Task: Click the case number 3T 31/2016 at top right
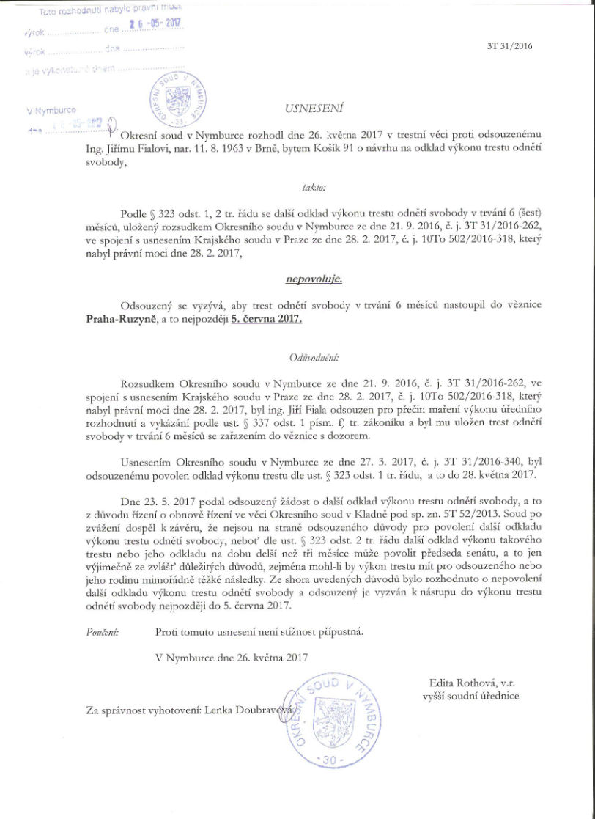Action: coord(509,45)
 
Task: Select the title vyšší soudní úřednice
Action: coord(470,696)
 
